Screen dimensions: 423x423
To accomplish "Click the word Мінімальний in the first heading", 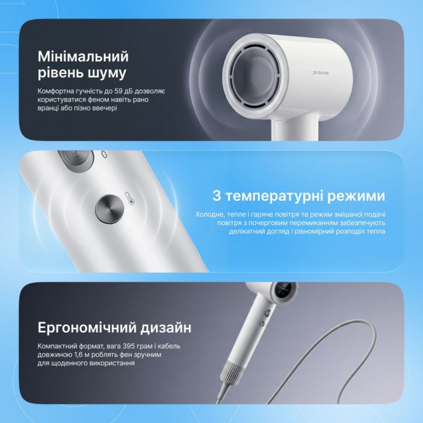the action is point(83,56).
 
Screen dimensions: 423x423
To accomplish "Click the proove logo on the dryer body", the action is point(321,73).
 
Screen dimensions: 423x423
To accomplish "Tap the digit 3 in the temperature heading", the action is point(217,196).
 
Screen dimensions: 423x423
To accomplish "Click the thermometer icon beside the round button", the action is point(130,199).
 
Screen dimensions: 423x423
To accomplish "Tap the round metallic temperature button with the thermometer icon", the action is point(109,209).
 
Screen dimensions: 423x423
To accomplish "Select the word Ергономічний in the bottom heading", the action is point(87,328).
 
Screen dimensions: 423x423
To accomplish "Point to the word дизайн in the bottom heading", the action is point(166,328).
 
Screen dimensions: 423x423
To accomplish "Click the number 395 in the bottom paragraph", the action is point(128,346).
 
